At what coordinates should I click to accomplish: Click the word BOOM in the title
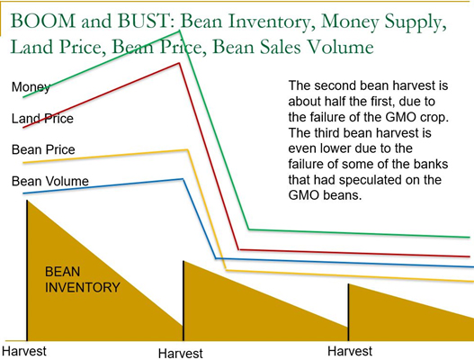(43, 21)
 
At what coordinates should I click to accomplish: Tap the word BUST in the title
(143, 21)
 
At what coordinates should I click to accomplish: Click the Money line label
(31, 87)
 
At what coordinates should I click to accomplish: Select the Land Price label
(42, 119)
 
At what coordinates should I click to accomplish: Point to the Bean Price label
(43, 149)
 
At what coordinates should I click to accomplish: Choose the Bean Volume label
(50, 181)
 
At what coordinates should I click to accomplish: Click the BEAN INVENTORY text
(83, 280)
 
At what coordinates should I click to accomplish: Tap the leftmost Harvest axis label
(24, 351)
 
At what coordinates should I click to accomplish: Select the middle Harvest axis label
(181, 354)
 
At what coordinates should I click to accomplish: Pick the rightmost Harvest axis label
(350, 351)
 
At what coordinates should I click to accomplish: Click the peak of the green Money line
(180, 31)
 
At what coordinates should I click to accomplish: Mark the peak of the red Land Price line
(180, 63)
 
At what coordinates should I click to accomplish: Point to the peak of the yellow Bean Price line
(188, 149)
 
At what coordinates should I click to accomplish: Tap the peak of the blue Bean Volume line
(183, 179)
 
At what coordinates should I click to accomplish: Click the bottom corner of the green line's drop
(249, 229)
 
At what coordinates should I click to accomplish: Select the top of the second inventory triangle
(183, 261)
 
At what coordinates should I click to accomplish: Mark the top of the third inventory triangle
(349, 284)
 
